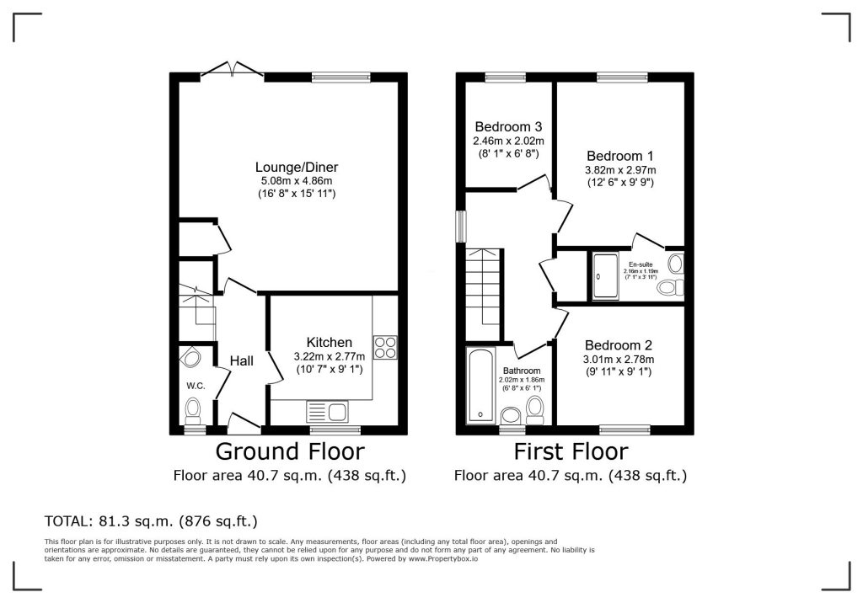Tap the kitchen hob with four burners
tap(385, 347)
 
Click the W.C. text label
tap(196, 386)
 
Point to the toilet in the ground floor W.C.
tap(193, 411)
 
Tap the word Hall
tap(242, 360)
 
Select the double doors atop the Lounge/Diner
tap(232, 70)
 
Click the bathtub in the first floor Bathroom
tap(480, 386)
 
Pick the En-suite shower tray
tap(605, 275)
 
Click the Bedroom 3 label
tap(508, 127)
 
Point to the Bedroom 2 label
tap(619, 345)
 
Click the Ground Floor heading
tap(290, 451)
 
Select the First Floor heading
tap(571, 451)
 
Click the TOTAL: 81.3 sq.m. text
tap(150, 520)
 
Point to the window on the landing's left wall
tap(460, 226)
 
